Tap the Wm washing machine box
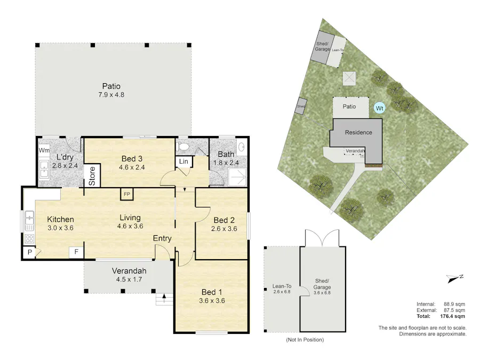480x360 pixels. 44,151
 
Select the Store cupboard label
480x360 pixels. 92,176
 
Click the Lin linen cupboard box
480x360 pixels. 184,162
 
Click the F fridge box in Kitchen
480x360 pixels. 76,252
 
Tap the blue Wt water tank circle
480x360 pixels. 379,108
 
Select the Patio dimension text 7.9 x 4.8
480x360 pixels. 111,95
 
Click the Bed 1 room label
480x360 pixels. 212,292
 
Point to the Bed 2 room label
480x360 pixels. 224,220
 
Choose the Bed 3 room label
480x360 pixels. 131,158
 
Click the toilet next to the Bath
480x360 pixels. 182,146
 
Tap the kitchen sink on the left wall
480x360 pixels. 30,219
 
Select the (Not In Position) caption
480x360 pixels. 305,340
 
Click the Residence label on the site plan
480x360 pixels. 358,132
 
